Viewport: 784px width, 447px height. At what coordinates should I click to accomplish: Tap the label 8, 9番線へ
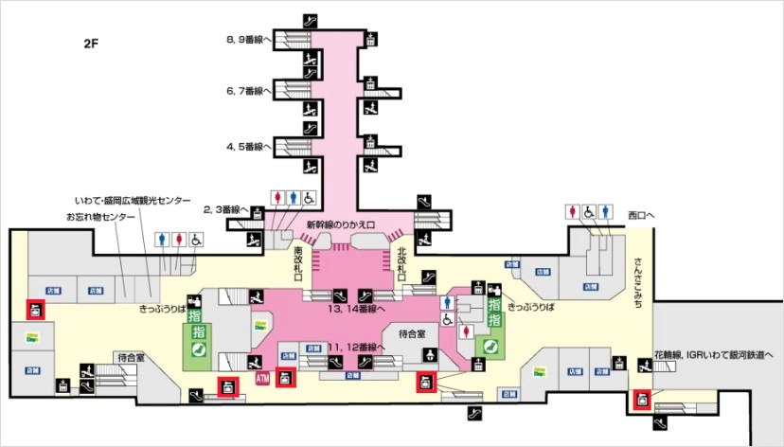[x=248, y=41]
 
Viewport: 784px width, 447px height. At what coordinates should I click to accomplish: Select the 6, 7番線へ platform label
[x=248, y=91]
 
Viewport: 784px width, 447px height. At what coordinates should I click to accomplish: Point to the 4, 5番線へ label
[x=248, y=147]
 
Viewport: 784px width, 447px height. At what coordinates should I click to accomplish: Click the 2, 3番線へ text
[x=226, y=208]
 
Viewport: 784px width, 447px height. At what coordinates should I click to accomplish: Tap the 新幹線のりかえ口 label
[x=341, y=224]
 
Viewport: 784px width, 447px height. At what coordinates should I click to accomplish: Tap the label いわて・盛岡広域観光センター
[x=133, y=202]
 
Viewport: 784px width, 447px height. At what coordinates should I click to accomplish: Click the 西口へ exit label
[x=641, y=215]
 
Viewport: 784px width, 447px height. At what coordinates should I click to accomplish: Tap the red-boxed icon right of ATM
[x=287, y=377]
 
